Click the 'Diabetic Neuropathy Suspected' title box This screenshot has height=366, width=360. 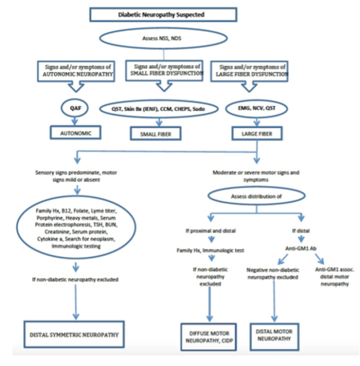pyautogui.click(x=163, y=14)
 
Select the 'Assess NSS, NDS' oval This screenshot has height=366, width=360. pyautogui.click(x=163, y=38)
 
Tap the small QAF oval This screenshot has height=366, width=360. pyautogui.click(x=74, y=108)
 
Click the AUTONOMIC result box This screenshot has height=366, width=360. pyautogui.click(x=76, y=133)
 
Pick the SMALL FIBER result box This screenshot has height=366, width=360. pyautogui.click(x=156, y=133)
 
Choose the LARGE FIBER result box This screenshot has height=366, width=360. pyautogui.click(x=257, y=133)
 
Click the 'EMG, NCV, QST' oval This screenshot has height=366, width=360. pyautogui.click(x=257, y=109)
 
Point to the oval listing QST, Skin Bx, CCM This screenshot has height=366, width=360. pyautogui.click(x=159, y=109)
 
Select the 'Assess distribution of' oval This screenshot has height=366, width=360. pyautogui.click(x=256, y=196)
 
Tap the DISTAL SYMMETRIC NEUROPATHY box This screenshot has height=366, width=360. pyautogui.click(x=74, y=334)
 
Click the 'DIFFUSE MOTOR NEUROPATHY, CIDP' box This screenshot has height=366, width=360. pyautogui.click(x=209, y=337)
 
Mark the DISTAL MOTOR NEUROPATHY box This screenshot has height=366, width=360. pyautogui.click(x=274, y=337)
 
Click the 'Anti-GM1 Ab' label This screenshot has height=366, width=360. pyautogui.click(x=301, y=248)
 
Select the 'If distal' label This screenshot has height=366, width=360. pyautogui.click(x=301, y=230)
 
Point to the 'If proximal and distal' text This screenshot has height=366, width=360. pyautogui.click(x=211, y=230)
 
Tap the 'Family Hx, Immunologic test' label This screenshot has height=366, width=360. pyautogui.click(x=210, y=250)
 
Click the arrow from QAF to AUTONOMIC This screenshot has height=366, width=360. pyautogui.click(x=74, y=121)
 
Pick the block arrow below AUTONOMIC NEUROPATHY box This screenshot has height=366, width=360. pyautogui.click(x=76, y=87)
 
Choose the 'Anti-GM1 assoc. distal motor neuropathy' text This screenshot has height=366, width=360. pyautogui.click(x=335, y=277)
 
